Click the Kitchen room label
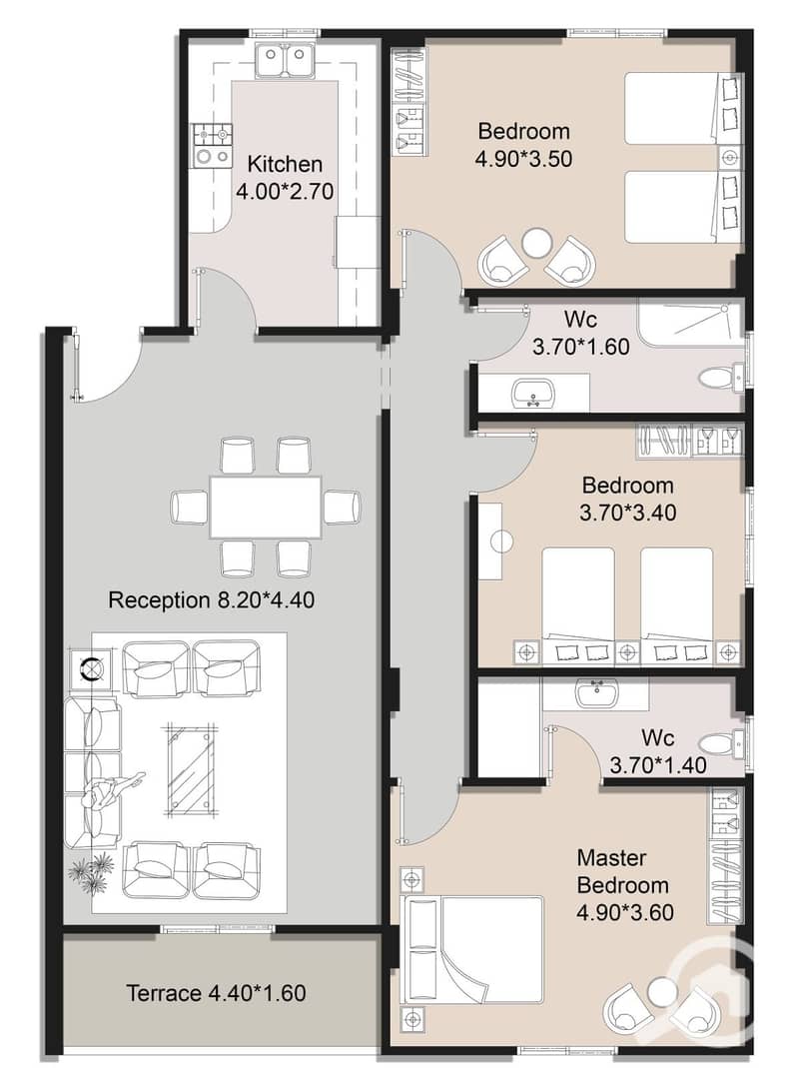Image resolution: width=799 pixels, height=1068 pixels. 285,164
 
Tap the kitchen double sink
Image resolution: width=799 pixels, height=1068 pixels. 285,60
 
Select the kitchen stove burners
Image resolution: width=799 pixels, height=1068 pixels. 212,146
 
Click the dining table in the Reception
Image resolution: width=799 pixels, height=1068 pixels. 265,508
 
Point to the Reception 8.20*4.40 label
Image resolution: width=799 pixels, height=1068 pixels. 211,600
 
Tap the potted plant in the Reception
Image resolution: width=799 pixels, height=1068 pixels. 91,872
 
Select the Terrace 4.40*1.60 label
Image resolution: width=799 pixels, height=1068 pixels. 216,993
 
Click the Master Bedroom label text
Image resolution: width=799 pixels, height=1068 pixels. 622,871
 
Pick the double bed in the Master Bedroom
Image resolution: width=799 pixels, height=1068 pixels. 474,949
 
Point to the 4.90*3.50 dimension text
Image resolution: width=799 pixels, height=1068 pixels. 523,159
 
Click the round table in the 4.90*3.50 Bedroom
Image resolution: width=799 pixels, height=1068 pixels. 536,243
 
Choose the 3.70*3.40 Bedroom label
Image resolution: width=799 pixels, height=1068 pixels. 628,499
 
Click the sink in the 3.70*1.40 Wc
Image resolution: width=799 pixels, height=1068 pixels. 596,693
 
